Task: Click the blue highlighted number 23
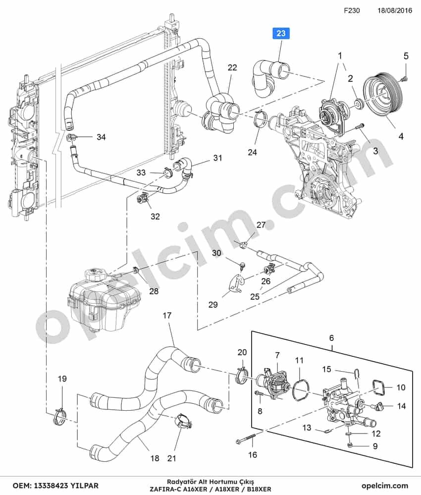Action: tap(281, 33)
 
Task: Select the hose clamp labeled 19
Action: tap(59, 417)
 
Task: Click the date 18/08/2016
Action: tap(395, 10)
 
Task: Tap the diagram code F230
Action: tap(352, 10)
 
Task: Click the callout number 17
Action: tap(167, 315)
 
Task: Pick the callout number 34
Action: tap(101, 137)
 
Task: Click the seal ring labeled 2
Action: tap(359, 104)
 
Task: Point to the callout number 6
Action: tap(331, 338)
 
